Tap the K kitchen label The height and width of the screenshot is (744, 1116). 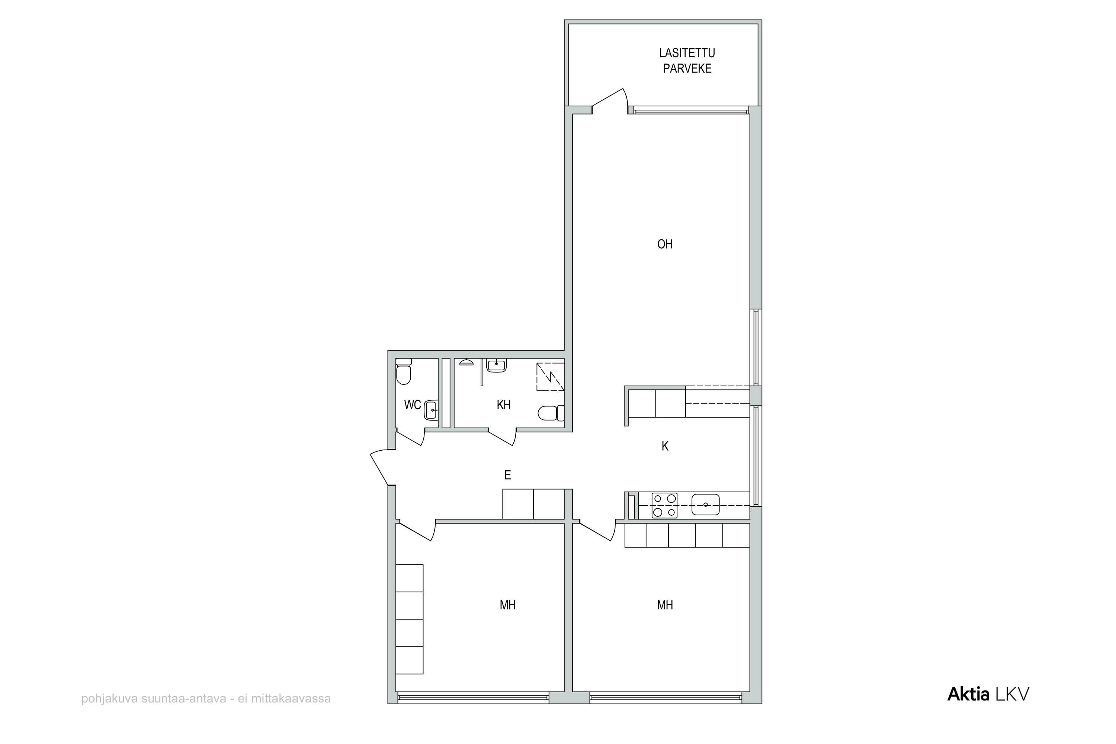[665, 446]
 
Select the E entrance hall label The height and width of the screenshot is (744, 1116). [507, 475]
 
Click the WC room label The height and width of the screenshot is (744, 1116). [412, 405]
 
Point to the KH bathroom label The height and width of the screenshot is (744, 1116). [504, 405]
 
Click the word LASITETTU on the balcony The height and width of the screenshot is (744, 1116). [687, 53]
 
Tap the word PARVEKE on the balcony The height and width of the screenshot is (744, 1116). [687, 69]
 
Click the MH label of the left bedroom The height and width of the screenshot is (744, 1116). [507, 605]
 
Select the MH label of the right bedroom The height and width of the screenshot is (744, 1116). [665, 605]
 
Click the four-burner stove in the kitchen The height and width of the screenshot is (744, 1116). [664, 505]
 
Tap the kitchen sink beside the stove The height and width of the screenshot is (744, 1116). [705, 505]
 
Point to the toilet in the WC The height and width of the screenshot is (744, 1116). [404, 371]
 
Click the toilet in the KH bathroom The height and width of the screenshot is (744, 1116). [551, 413]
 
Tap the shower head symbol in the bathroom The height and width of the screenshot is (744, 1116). [466, 363]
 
